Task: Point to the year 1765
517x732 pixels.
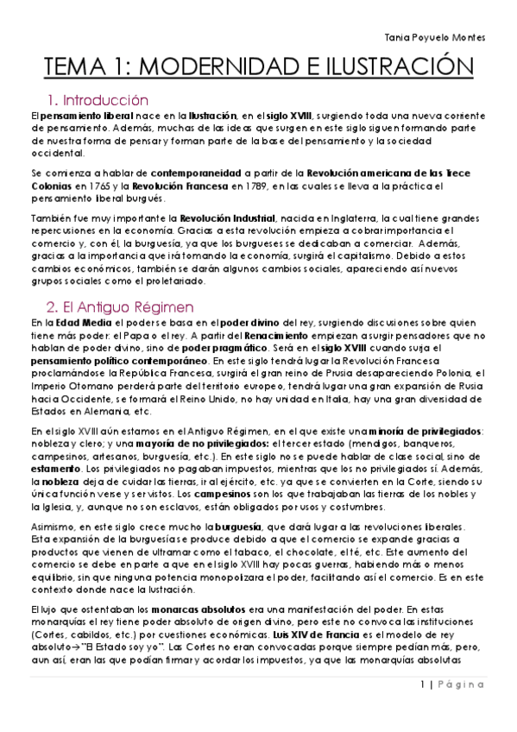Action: coord(98,186)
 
